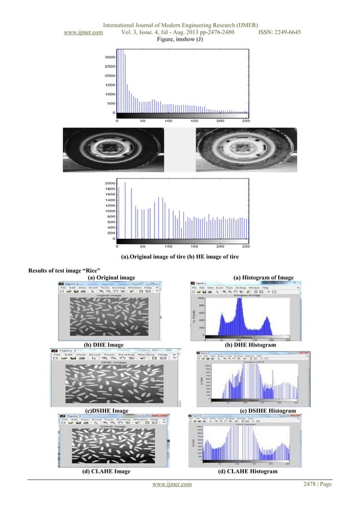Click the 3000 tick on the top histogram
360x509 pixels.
pos(109,57)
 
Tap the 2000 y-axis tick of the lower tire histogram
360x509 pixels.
pos(109,183)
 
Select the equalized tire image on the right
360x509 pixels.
pos(244,151)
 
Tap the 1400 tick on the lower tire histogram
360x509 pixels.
pos(109,200)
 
